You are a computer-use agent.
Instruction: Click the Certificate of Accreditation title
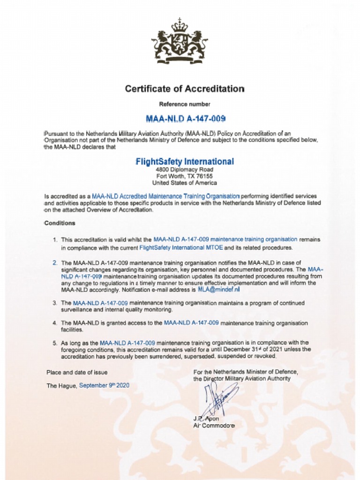coord(185,89)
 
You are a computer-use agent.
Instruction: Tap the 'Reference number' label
coord(185,104)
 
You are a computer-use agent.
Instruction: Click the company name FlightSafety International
coord(184,162)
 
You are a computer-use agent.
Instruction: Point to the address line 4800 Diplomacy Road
coord(184,169)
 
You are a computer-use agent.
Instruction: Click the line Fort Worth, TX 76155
coord(184,176)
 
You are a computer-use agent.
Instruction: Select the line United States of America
coord(184,183)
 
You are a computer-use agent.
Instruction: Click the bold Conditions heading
coord(60,223)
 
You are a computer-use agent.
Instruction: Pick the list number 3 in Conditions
coord(54,303)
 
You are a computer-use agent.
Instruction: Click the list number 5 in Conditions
coord(54,343)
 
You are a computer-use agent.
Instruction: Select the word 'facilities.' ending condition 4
coord(72,330)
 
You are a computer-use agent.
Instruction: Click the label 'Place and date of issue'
coord(77,372)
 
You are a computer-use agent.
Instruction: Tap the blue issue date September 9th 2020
coord(104,385)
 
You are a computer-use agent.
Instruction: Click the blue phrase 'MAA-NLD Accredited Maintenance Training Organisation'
coord(166,196)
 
